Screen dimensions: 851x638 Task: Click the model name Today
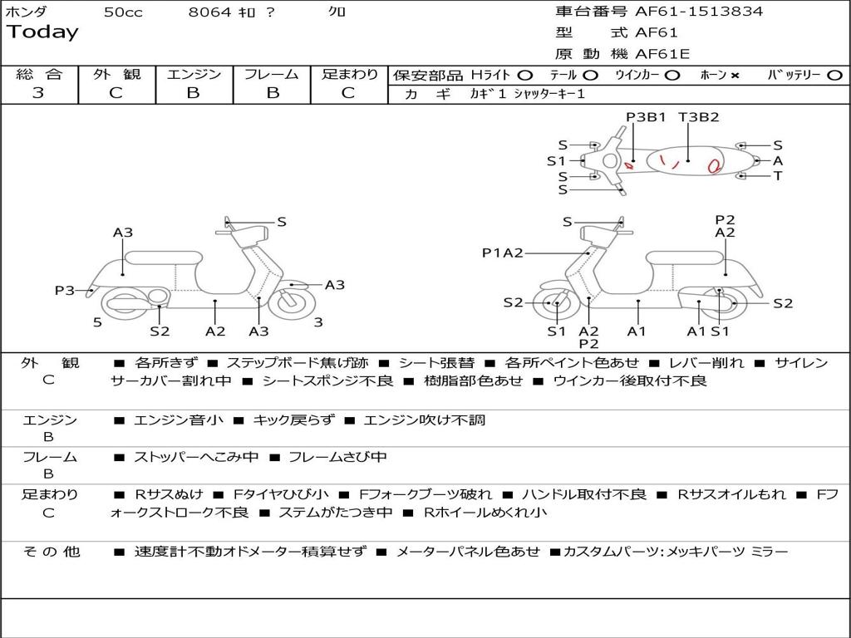coord(42,32)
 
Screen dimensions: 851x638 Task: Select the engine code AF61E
coord(662,55)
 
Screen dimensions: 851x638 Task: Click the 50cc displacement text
coord(123,12)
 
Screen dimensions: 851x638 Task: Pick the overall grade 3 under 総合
coord(38,93)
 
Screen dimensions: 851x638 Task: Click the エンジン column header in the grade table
coord(194,75)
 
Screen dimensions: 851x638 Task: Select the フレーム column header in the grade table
coord(271,75)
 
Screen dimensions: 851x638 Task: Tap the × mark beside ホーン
coord(735,76)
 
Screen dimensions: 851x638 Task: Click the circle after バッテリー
coord(834,76)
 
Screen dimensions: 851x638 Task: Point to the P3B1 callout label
coord(646,117)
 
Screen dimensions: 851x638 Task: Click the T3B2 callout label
coord(698,117)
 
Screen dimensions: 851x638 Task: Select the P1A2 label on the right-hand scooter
coord(502,253)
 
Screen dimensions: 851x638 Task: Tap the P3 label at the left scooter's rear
coord(65,290)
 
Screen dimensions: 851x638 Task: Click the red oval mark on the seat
coord(713,165)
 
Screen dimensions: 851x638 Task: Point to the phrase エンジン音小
coord(178,420)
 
